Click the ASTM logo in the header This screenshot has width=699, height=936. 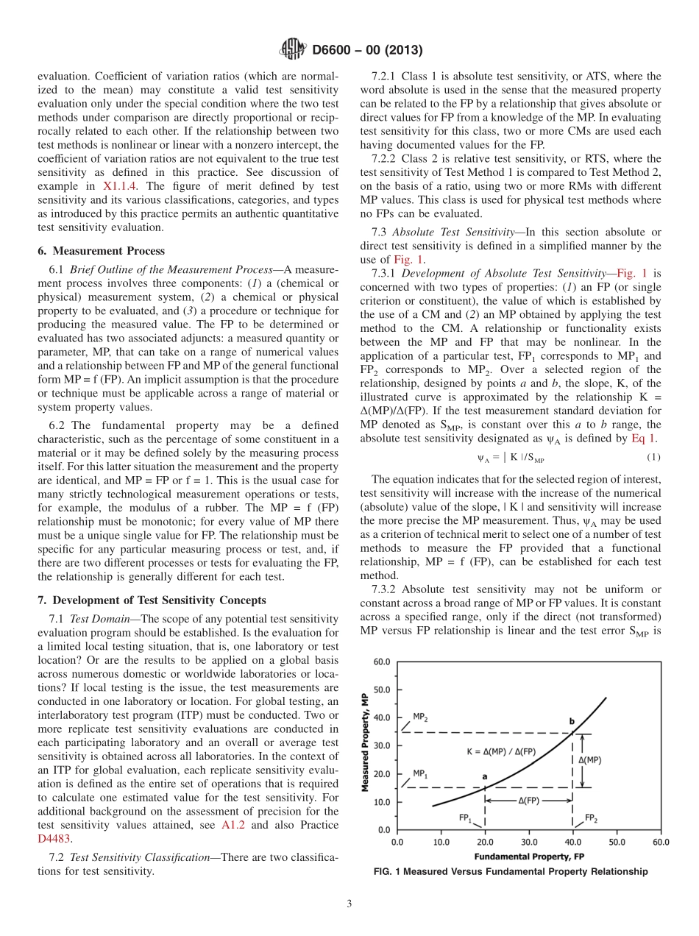(294, 50)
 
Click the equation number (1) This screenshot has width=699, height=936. (653, 458)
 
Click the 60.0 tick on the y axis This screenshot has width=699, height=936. (381, 662)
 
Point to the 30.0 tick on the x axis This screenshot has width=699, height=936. (529, 843)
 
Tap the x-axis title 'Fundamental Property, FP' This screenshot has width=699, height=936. (530, 857)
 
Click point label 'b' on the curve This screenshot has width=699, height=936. (572, 721)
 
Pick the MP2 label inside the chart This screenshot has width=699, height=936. (419, 715)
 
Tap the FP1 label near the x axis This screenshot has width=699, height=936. (465, 818)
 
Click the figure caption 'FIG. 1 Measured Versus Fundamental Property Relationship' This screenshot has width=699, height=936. (511, 872)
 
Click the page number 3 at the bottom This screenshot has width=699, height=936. (349, 904)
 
